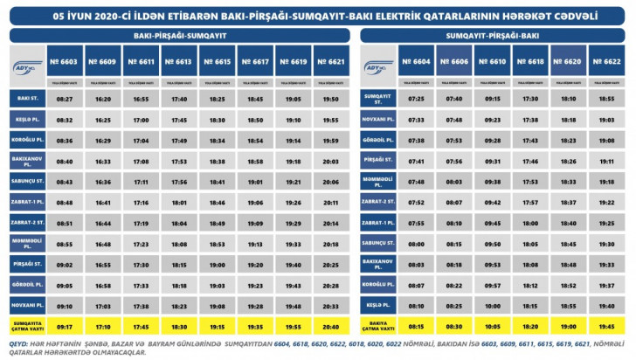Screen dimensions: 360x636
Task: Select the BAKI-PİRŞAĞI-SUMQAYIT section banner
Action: (x=180, y=36)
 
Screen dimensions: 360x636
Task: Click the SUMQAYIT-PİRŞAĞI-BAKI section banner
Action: (x=492, y=36)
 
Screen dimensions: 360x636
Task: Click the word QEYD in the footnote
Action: (x=19, y=343)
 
